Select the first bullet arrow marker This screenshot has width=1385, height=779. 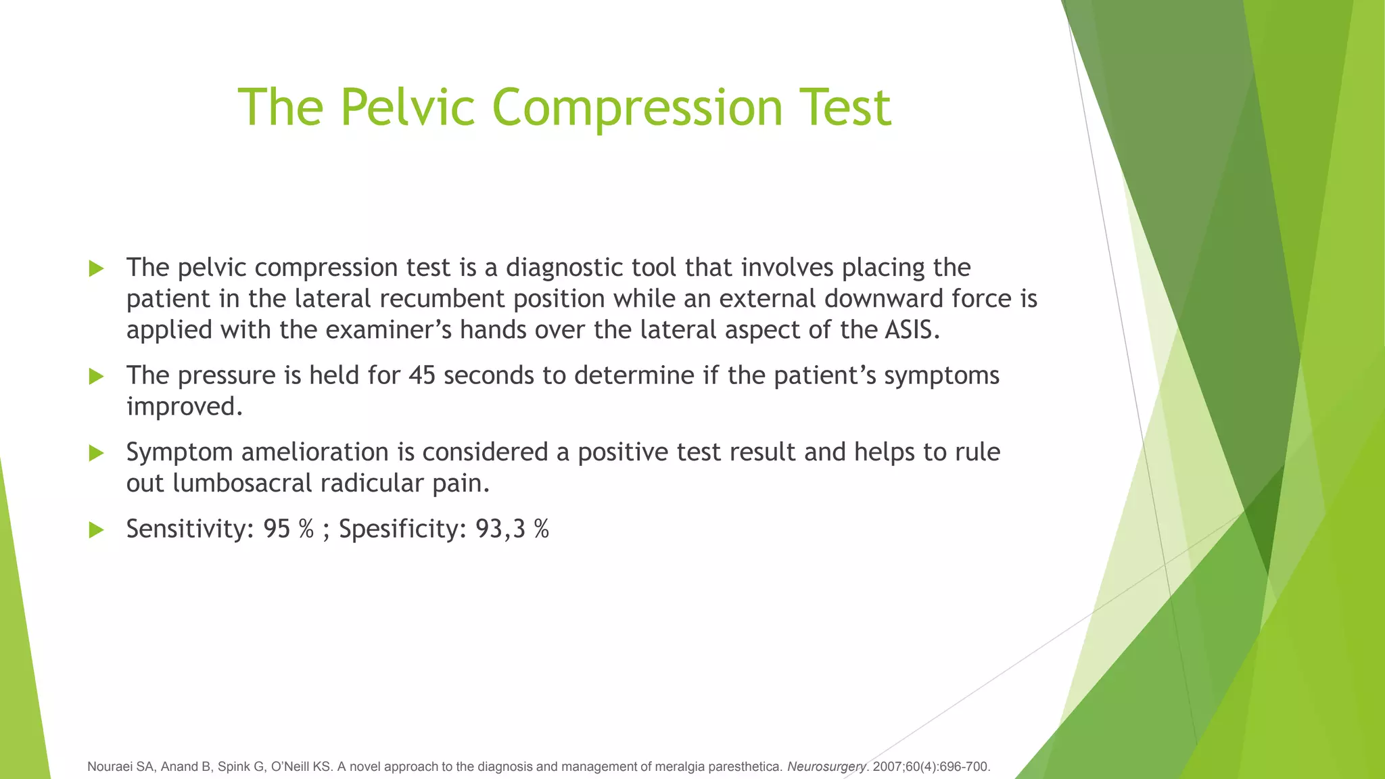(96, 268)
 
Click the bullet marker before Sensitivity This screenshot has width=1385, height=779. (96, 529)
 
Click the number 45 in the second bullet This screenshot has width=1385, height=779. (422, 375)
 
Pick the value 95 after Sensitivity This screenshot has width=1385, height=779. (277, 529)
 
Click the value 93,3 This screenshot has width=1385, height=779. (500, 529)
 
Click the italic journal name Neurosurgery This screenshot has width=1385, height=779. (826, 767)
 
